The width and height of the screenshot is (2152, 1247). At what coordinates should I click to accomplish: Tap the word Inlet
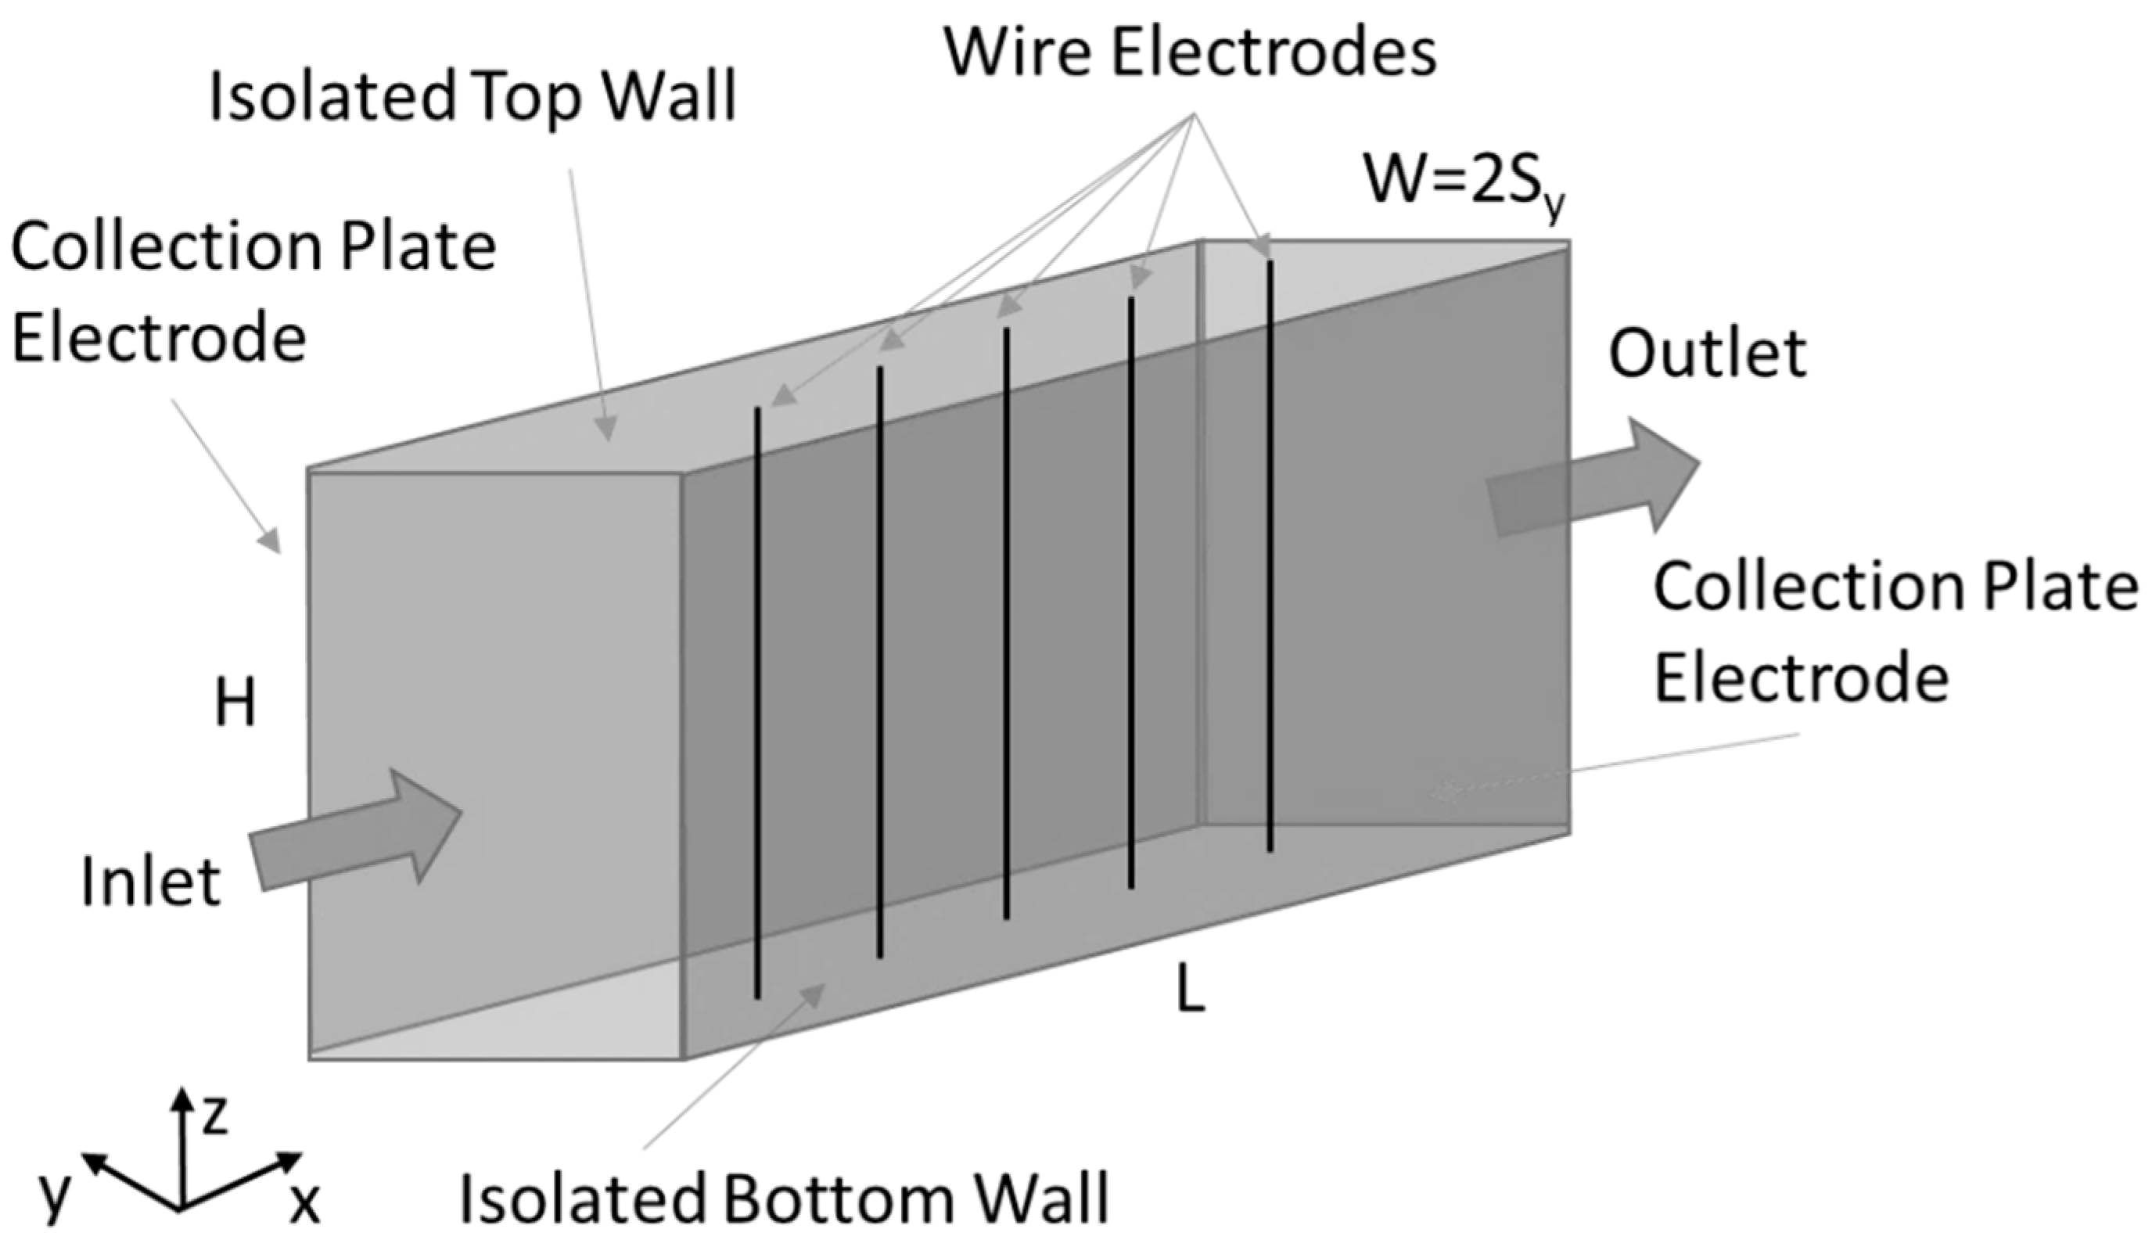151,882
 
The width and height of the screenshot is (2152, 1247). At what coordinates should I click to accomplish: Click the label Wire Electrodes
1190,53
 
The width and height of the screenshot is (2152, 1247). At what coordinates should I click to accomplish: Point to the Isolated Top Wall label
472,96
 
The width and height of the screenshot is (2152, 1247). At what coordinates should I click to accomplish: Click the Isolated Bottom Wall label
784,1198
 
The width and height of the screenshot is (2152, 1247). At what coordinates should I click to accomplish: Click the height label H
235,706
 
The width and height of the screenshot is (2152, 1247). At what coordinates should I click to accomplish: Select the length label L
1191,994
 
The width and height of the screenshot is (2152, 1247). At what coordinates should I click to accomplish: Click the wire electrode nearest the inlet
757,700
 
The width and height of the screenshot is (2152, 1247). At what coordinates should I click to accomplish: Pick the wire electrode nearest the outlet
1270,555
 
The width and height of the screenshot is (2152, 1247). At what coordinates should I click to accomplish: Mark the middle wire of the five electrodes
1007,623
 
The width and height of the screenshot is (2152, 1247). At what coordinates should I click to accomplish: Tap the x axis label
304,1204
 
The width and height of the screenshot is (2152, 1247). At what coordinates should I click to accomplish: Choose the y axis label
53,1195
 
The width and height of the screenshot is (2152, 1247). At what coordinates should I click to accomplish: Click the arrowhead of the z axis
180,1097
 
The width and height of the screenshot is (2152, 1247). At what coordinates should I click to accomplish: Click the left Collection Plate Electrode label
252,292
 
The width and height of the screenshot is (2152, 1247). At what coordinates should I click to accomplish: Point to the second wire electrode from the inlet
879,662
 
